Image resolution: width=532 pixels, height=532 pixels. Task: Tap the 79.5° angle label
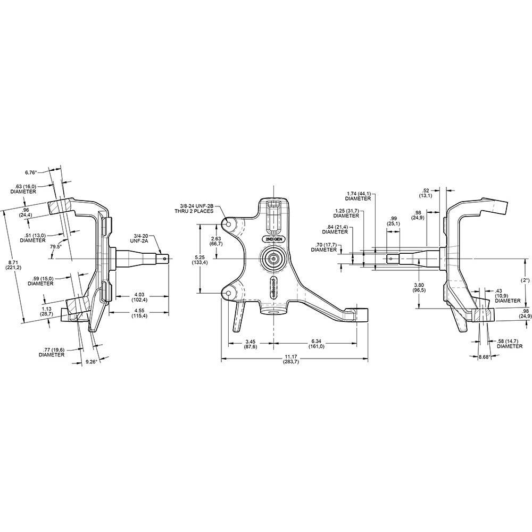click(56, 247)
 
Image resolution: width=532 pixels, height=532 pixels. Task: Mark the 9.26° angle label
click(93, 362)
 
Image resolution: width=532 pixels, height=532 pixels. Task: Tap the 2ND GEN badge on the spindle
click(273, 240)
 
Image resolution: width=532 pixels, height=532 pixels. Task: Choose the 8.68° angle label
click(484, 357)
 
